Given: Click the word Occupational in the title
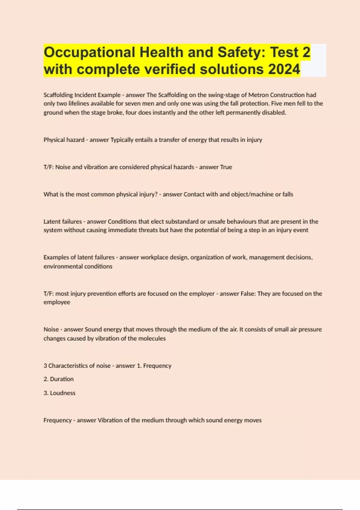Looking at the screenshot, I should [89, 52].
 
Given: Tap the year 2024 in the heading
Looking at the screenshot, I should [284, 69].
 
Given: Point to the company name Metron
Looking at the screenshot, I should [258, 95].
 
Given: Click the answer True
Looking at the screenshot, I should [226, 167].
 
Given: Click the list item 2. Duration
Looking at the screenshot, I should [58, 379].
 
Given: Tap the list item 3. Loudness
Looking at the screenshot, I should [59, 393].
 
